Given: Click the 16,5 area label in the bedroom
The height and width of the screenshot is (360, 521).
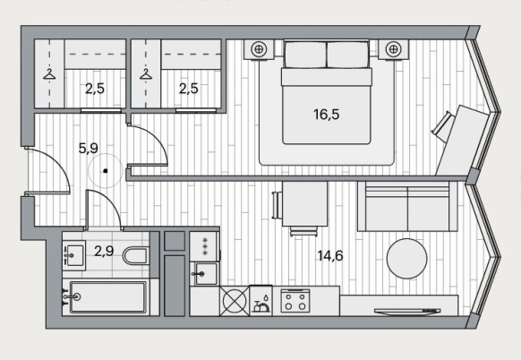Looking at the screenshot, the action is (x=326, y=115).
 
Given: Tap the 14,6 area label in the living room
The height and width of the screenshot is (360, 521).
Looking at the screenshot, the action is (x=330, y=256).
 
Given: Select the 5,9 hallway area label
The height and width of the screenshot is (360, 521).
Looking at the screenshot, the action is (x=89, y=149).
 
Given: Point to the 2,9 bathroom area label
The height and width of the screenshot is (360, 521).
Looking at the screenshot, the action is (x=104, y=252).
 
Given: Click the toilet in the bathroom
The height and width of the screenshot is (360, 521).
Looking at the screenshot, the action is (x=135, y=255).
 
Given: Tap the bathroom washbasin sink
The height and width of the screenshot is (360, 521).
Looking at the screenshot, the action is (x=73, y=255).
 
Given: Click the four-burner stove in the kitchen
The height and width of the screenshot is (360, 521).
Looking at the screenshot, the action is (x=295, y=301).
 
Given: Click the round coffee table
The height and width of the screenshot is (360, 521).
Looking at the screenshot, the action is (x=407, y=258).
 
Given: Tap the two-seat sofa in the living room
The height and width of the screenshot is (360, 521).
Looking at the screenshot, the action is (x=407, y=207).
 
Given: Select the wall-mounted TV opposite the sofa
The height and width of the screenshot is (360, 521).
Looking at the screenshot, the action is (x=407, y=311).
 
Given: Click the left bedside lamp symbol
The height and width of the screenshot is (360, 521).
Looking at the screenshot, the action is (x=259, y=49).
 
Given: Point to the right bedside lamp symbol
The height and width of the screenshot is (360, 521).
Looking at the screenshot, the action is (x=393, y=49).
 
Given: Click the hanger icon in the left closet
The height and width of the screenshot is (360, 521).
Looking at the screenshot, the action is (x=49, y=74).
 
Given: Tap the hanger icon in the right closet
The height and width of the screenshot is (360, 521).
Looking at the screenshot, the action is (x=146, y=74).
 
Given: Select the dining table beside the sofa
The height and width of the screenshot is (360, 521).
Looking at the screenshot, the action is (x=304, y=204).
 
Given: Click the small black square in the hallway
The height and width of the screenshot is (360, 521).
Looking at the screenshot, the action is (x=105, y=171).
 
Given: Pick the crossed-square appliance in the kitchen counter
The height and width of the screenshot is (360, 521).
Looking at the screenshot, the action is (x=235, y=301).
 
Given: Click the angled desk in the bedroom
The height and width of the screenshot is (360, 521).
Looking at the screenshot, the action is (x=463, y=141).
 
